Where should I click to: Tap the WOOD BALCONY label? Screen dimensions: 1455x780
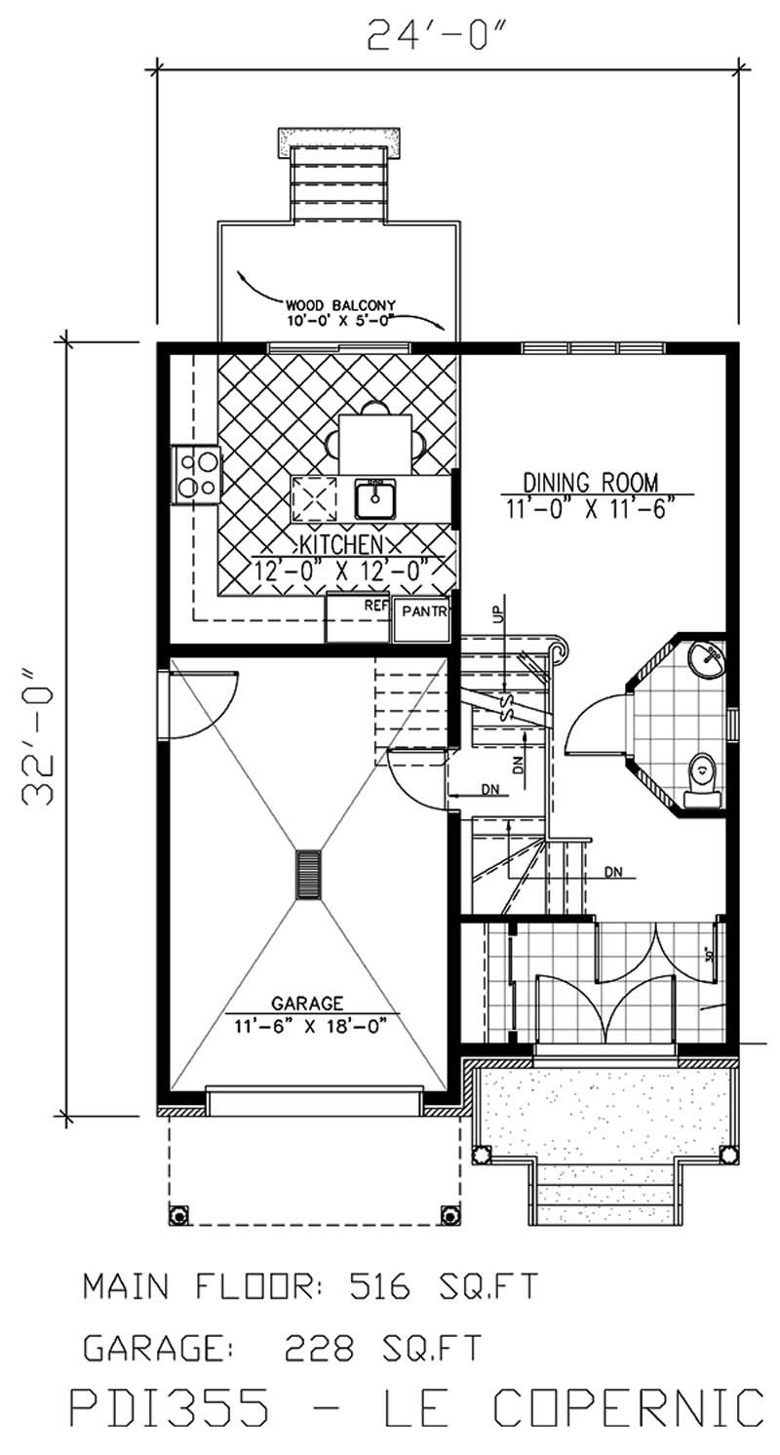tap(332, 303)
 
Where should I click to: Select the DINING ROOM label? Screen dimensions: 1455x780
tap(590, 482)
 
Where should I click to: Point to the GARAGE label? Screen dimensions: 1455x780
tap(307, 1003)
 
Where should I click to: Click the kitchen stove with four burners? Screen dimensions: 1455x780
tap(196, 474)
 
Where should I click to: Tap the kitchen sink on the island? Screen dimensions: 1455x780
tap(375, 498)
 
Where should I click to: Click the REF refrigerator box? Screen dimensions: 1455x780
tap(357, 619)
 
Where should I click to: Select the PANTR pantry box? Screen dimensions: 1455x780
tap(422, 619)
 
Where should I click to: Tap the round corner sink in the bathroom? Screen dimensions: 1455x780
tap(706, 658)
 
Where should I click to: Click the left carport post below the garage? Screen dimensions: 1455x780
tap(178, 1214)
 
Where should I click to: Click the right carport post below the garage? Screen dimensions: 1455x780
tap(449, 1214)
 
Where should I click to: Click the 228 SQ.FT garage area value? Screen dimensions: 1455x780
tap(382, 1348)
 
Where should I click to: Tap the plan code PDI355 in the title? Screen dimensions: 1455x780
tap(171, 1411)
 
